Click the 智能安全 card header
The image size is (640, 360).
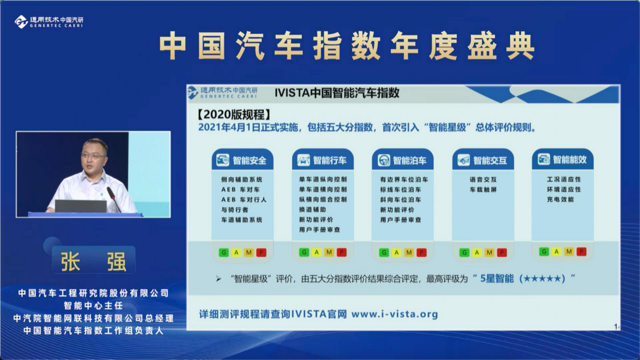[x=242, y=160]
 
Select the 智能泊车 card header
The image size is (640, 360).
[x=402, y=160]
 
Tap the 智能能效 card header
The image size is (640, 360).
[x=562, y=159]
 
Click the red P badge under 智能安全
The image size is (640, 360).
[x=261, y=253]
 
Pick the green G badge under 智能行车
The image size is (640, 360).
[x=304, y=252]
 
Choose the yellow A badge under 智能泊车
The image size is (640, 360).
[x=396, y=253]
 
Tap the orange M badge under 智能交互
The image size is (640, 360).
[x=489, y=253]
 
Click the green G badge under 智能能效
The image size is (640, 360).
[x=544, y=252]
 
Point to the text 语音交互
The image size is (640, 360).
[x=483, y=179]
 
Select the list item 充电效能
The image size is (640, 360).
[x=560, y=199]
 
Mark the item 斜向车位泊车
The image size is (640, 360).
[x=400, y=200]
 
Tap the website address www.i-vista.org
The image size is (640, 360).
[x=394, y=314]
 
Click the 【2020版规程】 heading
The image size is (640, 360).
[x=234, y=114]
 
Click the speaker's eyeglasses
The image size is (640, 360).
[x=93, y=156]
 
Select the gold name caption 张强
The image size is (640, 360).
[x=93, y=261]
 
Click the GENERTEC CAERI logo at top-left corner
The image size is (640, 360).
[x=49, y=22]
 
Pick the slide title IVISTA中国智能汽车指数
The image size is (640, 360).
[x=337, y=93]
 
